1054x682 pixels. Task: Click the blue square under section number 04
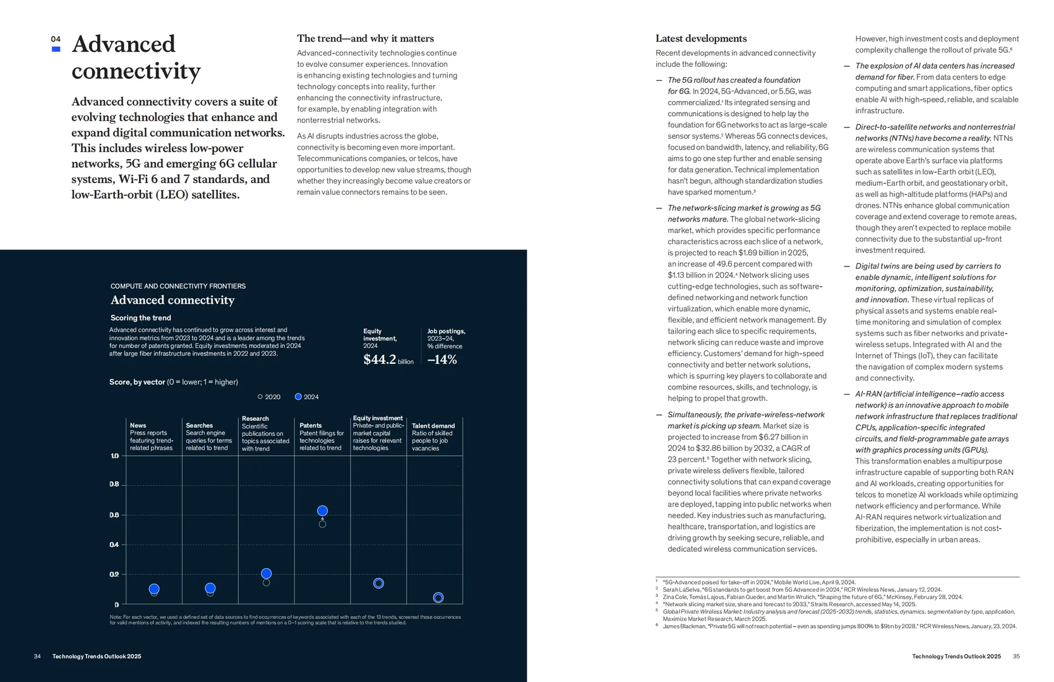point(56,49)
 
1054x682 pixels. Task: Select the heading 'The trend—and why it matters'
point(365,39)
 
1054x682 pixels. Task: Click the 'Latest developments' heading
point(701,39)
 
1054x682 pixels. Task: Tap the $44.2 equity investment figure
point(380,359)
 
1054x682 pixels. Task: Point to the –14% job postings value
point(442,359)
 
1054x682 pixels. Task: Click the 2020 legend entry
point(269,397)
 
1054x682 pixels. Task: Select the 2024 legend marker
point(298,397)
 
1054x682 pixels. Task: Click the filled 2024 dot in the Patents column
point(322,511)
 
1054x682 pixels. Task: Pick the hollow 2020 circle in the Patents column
point(322,524)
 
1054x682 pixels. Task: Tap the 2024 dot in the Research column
point(266,573)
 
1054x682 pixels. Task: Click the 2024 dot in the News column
point(154,589)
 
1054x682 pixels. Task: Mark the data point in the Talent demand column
point(438,597)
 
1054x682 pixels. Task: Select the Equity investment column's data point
point(378,583)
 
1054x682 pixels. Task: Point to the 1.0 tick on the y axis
point(114,455)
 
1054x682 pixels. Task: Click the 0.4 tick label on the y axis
point(114,544)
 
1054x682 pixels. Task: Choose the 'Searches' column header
point(199,426)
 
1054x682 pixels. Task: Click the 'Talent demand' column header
point(433,426)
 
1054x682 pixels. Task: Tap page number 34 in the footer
point(37,656)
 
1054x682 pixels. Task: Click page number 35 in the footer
point(1016,656)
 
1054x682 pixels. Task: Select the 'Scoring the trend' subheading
point(141,318)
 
